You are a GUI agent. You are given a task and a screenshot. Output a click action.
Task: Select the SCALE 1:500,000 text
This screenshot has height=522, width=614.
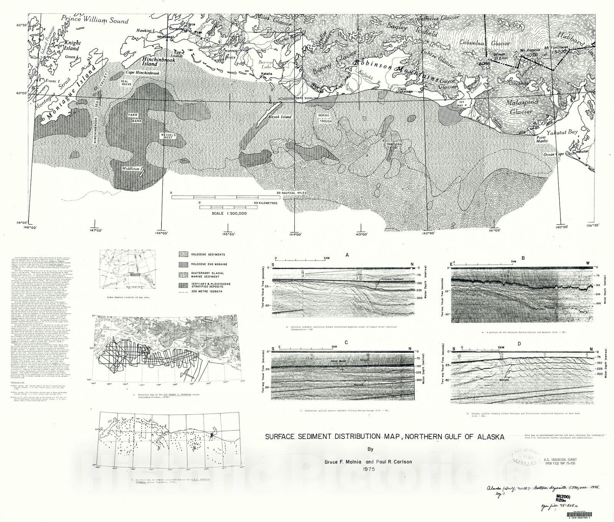229,214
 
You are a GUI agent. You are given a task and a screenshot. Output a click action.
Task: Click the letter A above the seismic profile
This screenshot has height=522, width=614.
347,255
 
